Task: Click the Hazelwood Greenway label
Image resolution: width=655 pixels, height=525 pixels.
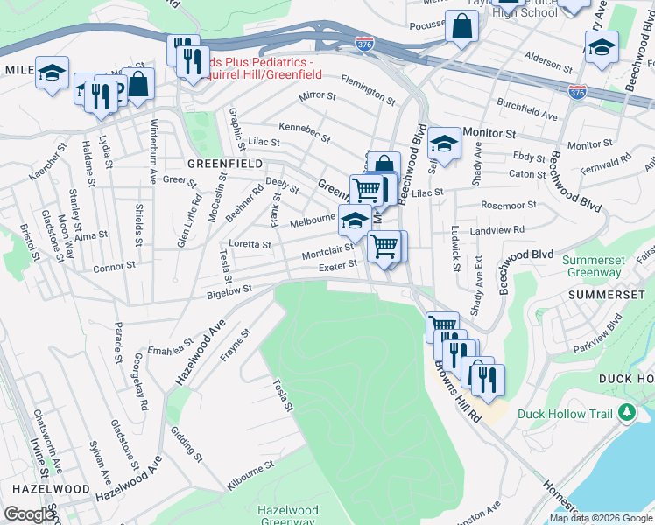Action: point(287,515)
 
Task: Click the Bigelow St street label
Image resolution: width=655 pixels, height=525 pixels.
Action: point(229,290)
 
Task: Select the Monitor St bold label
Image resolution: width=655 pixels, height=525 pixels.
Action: point(489,132)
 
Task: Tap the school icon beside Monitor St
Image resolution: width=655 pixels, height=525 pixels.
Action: point(445,144)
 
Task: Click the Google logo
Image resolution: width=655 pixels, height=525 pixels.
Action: point(29,514)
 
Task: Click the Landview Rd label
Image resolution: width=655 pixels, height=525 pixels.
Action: point(497,230)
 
